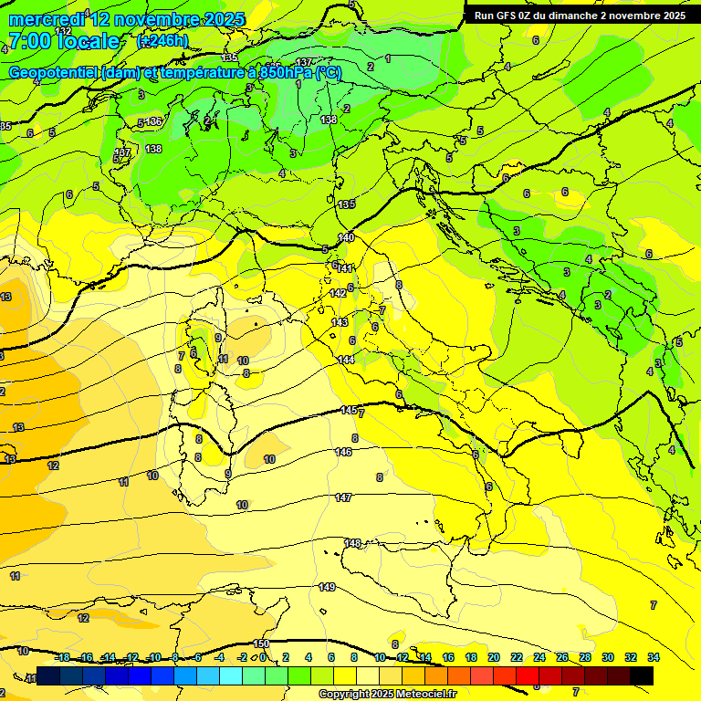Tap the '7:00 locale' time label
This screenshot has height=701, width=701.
[x=64, y=41]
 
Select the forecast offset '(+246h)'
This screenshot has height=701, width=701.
[x=162, y=41]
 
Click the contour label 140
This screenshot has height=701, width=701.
[x=346, y=237]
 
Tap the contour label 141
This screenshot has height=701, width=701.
[x=345, y=268]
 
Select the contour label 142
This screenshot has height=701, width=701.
[x=339, y=293]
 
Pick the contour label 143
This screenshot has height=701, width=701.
[x=340, y=323]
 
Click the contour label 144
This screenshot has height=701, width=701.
[x=346, y=360]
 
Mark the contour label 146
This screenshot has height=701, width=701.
[x=343, y=452]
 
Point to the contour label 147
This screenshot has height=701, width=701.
[x=343, y=497]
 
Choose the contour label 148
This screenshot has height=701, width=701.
[x=353, y=543]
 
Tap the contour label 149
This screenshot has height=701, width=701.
[x=327, y=587]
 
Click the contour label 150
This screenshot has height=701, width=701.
[x=261, y=644]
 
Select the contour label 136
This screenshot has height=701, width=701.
[x=154, y=120]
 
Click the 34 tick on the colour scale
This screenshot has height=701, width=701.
[x=654, y=657]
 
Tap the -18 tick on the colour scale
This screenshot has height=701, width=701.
[x=62, y=657]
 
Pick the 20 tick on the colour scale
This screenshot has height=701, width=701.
[x=494, y=657]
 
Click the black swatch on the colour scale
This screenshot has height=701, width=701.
[x=642, y=675]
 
